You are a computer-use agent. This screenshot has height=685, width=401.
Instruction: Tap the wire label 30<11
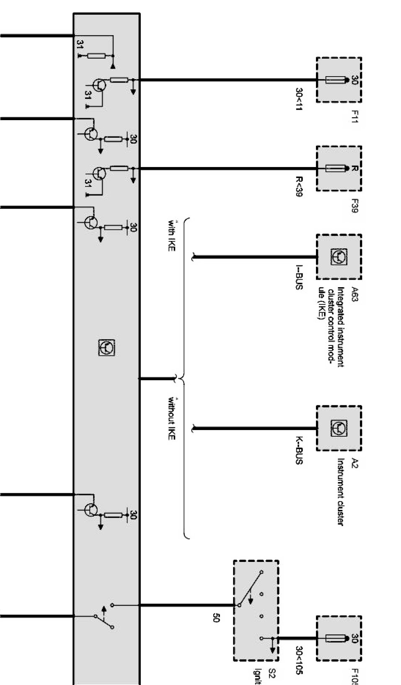tap(299, 99)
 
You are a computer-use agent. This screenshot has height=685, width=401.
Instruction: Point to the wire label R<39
tap(299, 186)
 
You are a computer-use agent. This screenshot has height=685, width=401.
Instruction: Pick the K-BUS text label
tap(299, 451)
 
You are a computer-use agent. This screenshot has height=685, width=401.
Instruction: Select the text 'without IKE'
tap(171, 417)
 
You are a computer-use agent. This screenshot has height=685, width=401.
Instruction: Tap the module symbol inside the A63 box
tap(339, 257)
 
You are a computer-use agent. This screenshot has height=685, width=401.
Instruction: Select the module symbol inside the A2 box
tap(339, 427)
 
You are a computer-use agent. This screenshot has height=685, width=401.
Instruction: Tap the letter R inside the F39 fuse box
tap(354, 169)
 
